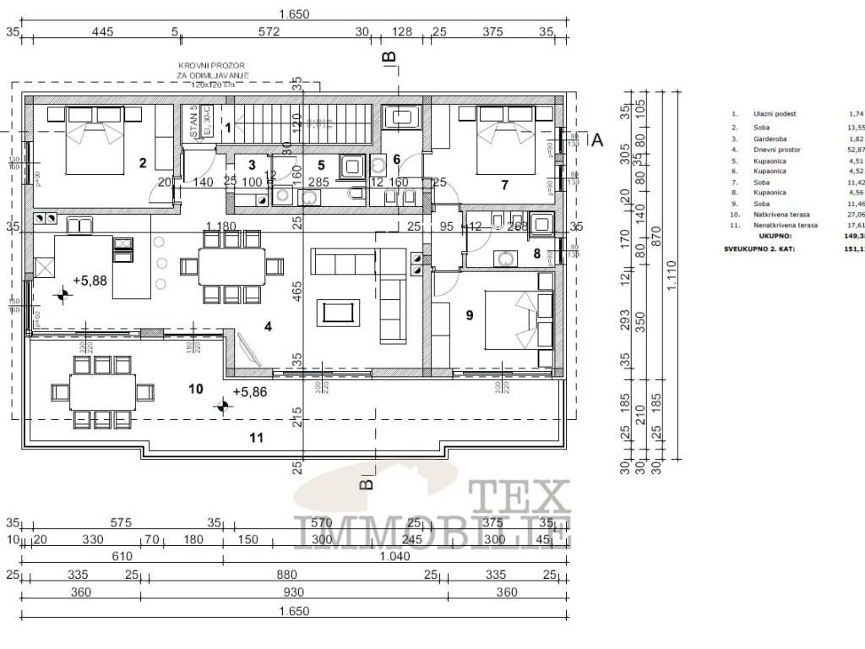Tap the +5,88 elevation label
[x=90, y=281]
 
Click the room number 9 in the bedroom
[x=470, y=314]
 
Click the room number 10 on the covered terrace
[x=196, y=389]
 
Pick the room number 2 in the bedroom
[x=143, y=163]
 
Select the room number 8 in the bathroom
[x=536, y=253]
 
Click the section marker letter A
[x=596, y=140]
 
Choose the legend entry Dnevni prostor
[x=779, y=149]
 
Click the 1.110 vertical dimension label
[x=670, y=286]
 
